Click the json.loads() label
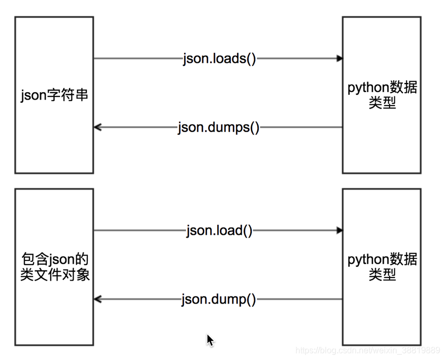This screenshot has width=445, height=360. (219, 59)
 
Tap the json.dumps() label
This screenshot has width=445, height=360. (219, 128)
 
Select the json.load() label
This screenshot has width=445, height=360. (219, 231)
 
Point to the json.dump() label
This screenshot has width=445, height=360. (219, 299)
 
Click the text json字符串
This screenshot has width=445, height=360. (54, 96)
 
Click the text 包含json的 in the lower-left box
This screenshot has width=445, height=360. (54, 260)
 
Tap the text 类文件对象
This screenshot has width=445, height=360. (54, 275)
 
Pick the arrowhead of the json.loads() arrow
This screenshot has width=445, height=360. (339, 59)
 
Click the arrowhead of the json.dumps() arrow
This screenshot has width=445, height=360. (97, 127)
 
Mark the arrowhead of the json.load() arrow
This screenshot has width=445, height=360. (339, 231)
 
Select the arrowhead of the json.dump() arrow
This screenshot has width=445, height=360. (97, 299)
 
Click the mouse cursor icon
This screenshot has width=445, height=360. (210, 339)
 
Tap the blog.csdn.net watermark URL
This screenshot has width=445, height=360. (367, 350)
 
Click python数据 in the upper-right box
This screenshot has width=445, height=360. (382, 88)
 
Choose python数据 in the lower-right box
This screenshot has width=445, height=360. (382, 260)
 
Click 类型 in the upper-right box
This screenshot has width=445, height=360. (382, 103)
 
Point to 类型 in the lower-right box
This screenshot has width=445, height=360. (382, 275)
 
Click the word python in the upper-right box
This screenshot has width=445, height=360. (367, 88)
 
